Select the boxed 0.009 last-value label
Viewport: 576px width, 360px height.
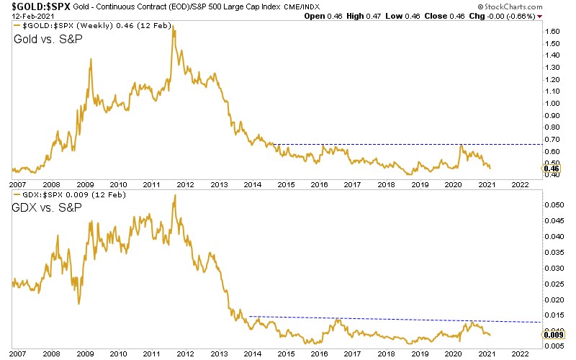coord(553,334)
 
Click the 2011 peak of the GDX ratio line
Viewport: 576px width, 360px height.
coord(174,196)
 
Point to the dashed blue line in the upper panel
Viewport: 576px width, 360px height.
coord(403,145)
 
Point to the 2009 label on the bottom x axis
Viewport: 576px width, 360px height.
coord(85,354)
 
